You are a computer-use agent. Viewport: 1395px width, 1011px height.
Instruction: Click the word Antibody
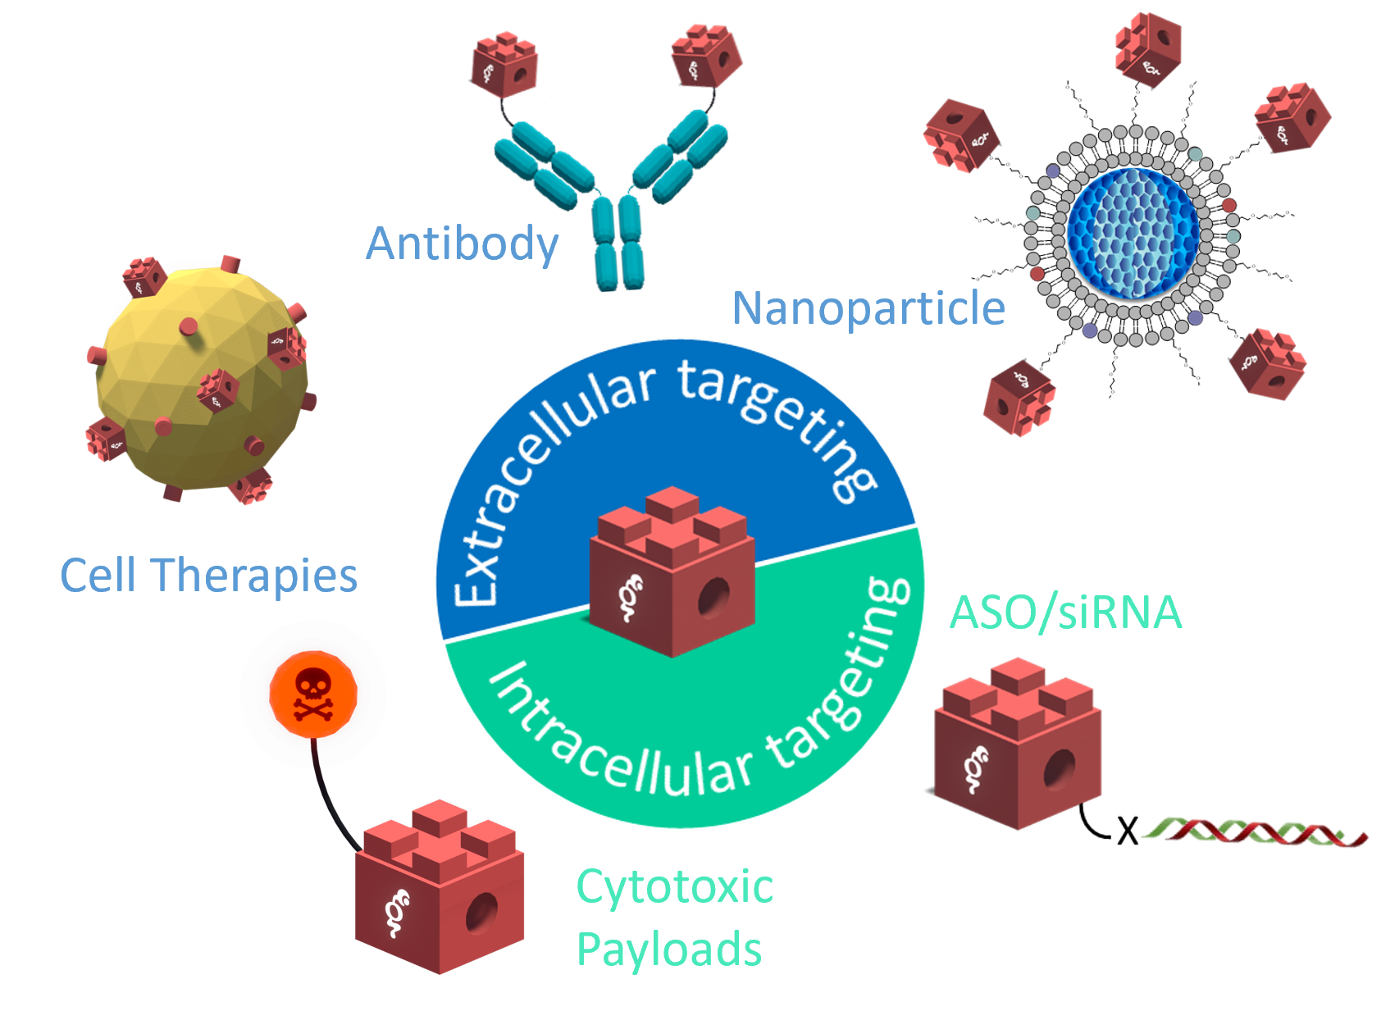coord(462,244)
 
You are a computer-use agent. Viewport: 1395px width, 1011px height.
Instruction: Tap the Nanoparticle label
coord(868,308)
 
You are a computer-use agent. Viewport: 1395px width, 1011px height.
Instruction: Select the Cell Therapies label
coord(208,575)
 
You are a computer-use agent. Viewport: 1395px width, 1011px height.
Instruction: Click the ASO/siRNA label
coord(1065,612)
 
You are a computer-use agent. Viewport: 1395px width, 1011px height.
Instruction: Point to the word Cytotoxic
coord(674,886)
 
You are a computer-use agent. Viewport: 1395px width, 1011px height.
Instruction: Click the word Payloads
coord(668,950)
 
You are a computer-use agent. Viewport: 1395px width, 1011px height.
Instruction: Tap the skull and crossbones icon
coord(312,694)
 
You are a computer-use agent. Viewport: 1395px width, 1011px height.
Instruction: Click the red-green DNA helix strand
coord(1255,833)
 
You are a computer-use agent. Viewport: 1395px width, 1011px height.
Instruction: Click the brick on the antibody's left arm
coord(504,64)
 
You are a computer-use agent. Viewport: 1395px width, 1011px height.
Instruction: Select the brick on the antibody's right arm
coord(706,55)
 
